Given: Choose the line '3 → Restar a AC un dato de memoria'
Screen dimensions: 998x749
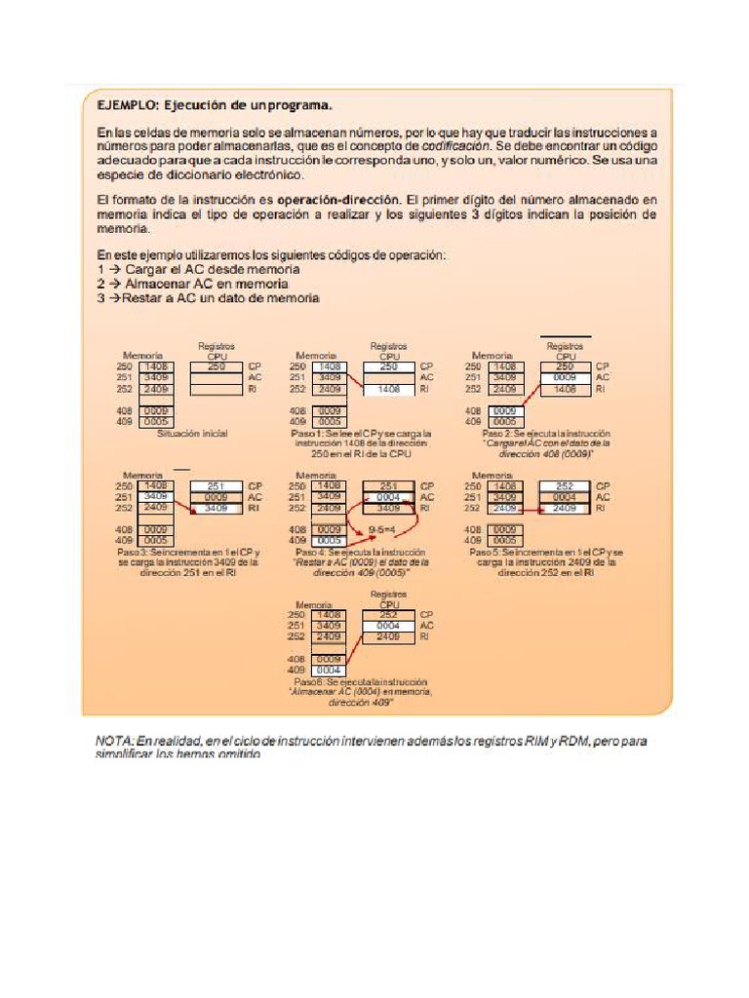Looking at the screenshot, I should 209,298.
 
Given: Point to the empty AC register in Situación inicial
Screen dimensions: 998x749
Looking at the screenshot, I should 216,377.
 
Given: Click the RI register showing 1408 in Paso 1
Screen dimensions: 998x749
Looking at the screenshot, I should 388,389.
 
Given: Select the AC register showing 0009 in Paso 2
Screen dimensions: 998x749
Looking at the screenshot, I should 565,377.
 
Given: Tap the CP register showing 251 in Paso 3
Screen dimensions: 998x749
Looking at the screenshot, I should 216,485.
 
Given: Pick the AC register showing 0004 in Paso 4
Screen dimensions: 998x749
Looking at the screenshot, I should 388,497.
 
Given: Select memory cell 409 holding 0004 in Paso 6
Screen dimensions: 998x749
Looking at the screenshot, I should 329,671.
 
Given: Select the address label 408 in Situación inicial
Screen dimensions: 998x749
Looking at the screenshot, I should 123,411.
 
